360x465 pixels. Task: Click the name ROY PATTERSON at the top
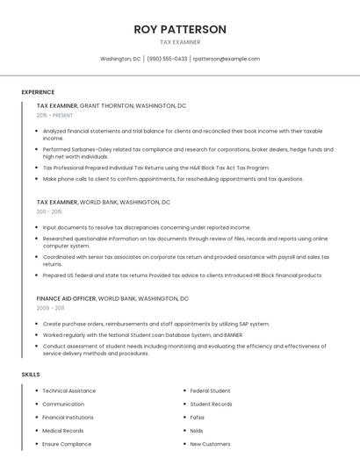point(180,29)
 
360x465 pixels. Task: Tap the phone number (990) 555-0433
point(166,59)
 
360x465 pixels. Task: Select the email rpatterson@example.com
point(227,59)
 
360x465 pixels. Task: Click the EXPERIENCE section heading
point(38,92)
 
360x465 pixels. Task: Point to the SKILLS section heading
point(31,375)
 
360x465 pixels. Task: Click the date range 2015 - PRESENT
point(54,115)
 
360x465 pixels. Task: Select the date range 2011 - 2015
point(49,211)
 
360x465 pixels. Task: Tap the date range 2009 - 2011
point(50,308)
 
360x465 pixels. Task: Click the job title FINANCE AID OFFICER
point(66,298)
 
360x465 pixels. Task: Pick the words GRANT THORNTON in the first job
point(106,105)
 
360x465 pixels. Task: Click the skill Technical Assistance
point(69,390)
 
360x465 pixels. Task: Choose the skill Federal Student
point(211,390)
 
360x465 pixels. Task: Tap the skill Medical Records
point(63,431)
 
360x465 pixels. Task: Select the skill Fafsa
point(198,418)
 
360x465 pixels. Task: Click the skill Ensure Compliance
point(67,444)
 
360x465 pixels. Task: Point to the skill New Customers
point(211,444)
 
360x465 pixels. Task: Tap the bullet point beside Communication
point(36,404)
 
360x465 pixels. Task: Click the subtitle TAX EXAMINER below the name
point(180,42)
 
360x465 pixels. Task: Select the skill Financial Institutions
point(68,418)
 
